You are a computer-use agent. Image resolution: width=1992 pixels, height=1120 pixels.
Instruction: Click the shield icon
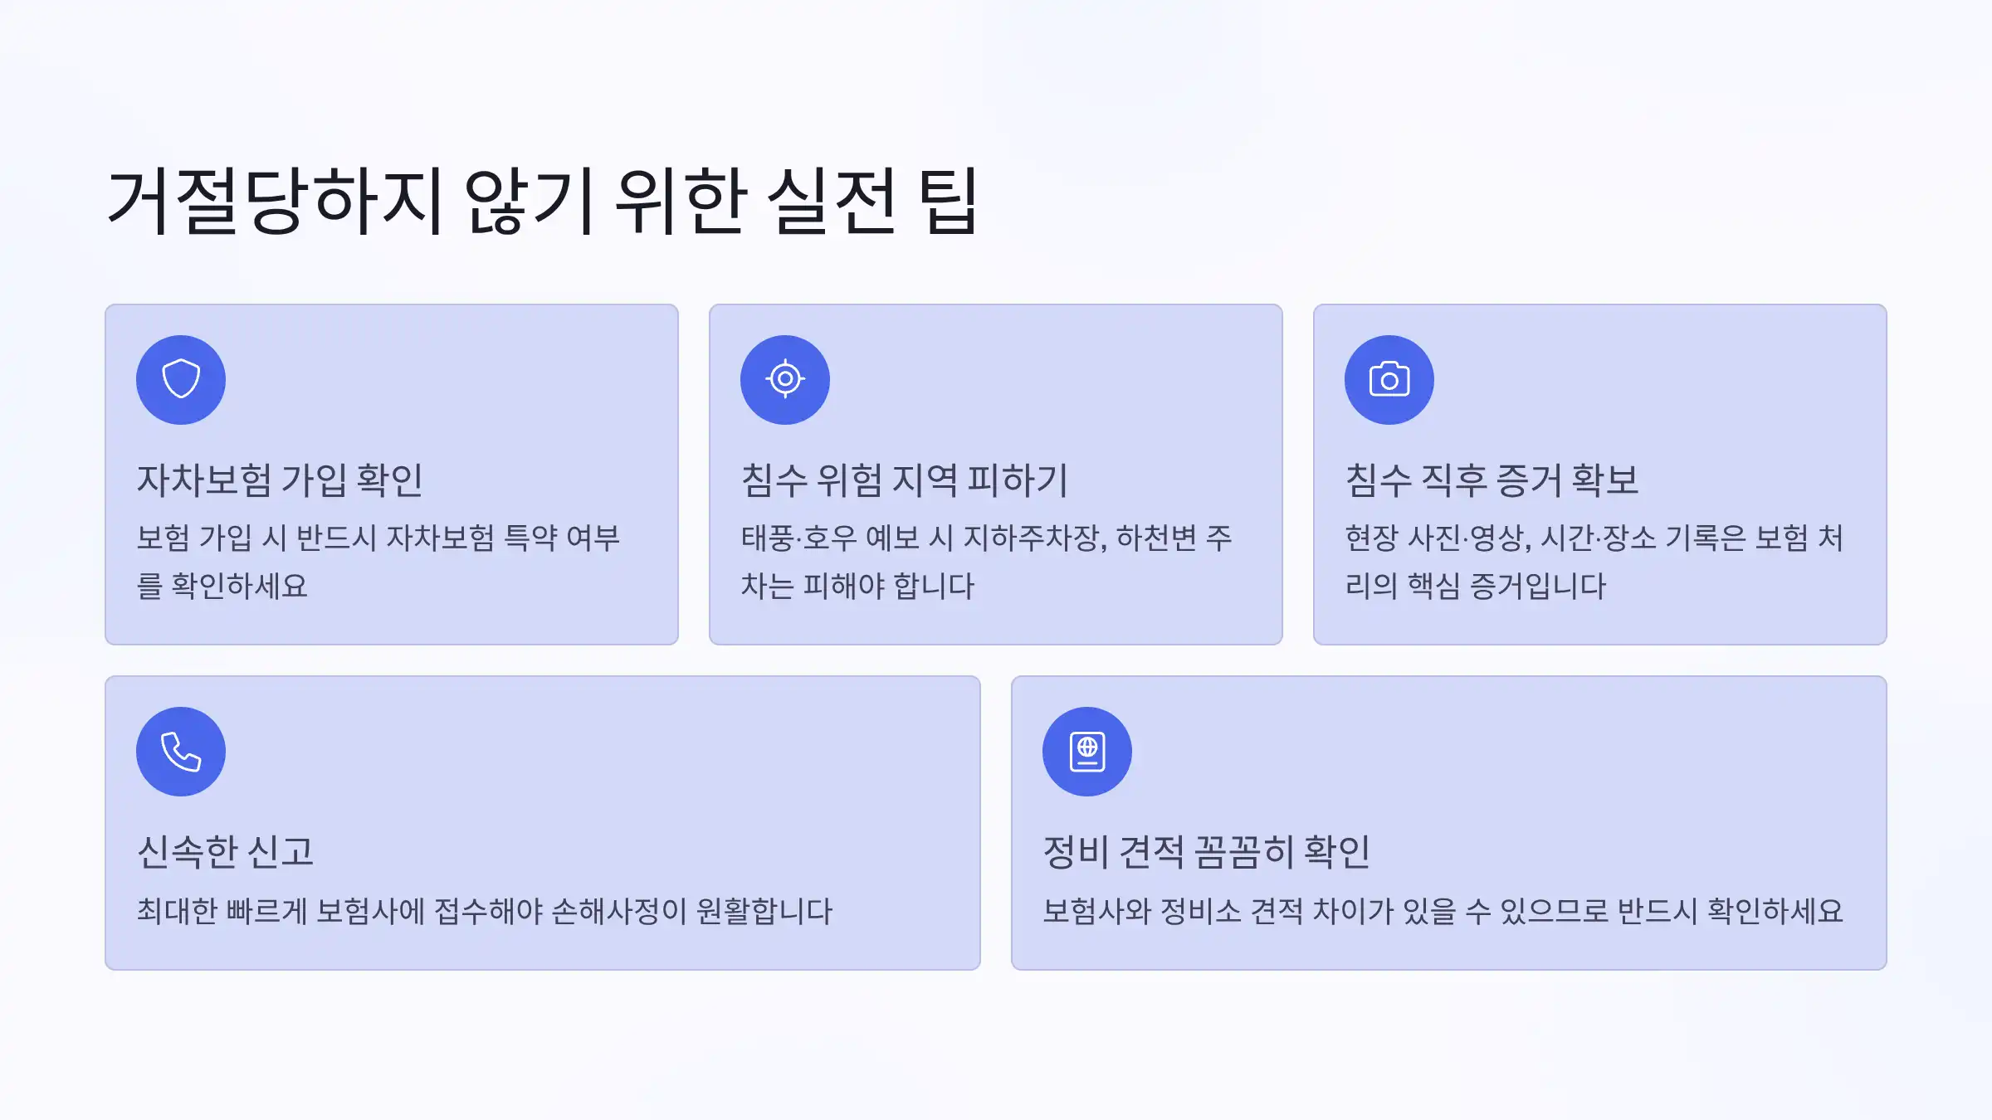pos(181,379)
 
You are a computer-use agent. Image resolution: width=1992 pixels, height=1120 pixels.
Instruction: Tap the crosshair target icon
pos(785,379)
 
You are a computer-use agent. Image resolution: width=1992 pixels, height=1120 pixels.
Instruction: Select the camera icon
pos(1389,379)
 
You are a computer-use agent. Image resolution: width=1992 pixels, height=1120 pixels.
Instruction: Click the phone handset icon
pos(181,752)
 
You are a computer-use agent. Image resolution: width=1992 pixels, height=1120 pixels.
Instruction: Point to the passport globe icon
pos(1087,752)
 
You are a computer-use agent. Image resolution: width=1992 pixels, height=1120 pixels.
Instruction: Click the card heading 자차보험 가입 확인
pos(280,480)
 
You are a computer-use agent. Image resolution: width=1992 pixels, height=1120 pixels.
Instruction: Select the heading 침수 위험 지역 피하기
pos(904,480)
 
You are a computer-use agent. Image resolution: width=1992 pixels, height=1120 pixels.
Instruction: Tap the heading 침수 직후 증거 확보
pos(1492,480)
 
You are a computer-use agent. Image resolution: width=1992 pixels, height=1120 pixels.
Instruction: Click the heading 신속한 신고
pos(225,851)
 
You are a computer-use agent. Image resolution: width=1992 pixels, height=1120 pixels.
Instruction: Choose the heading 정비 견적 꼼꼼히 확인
pos(1206,851)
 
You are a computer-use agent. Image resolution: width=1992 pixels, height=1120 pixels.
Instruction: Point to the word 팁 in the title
pos(949,201)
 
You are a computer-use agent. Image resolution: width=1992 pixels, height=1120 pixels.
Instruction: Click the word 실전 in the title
pos(831,201)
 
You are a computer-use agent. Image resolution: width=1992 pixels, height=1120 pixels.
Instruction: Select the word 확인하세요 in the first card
pos(239,587)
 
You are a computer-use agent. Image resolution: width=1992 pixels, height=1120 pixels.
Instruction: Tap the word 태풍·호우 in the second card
pos(798,538)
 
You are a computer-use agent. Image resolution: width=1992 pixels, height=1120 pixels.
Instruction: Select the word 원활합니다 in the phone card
pos(764,911)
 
